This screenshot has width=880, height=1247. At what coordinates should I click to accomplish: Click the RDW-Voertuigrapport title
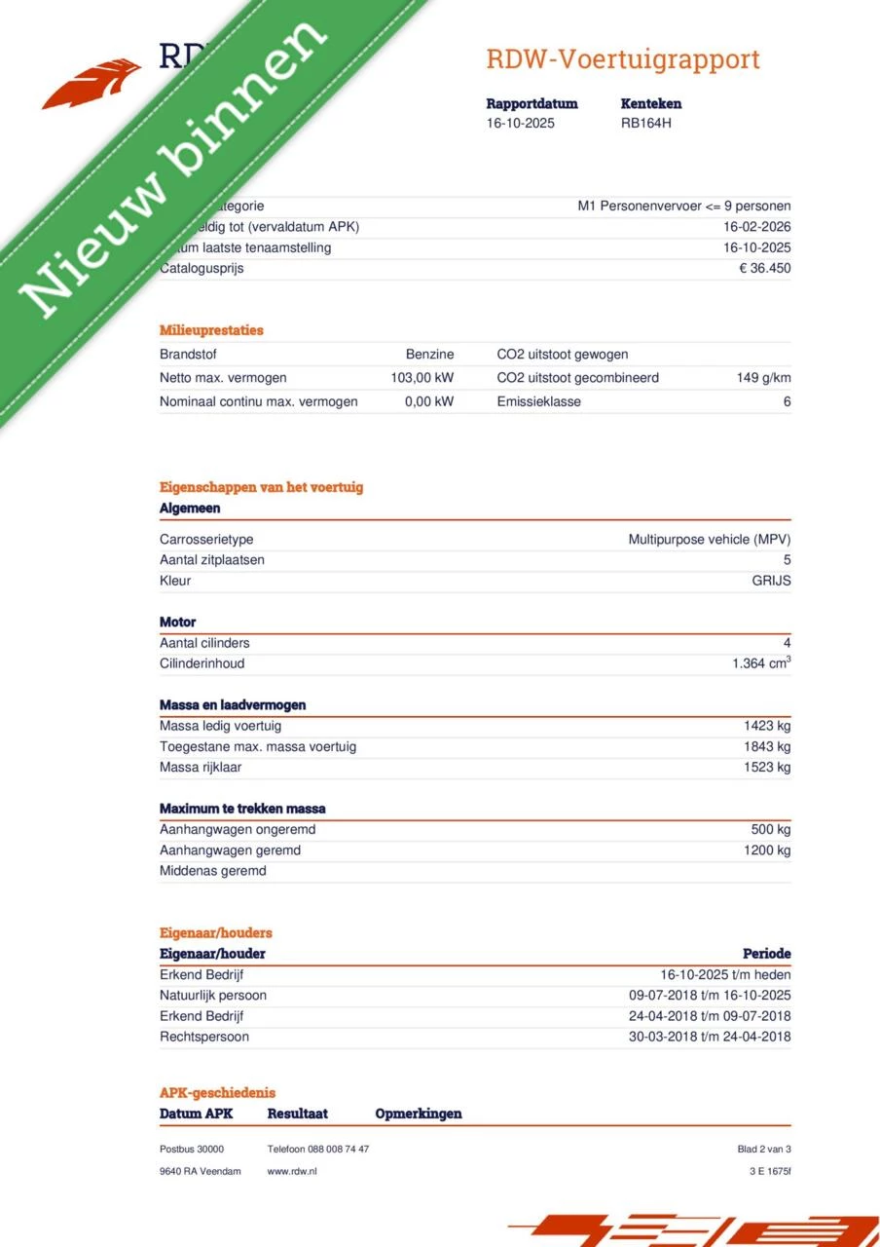coord(623,59)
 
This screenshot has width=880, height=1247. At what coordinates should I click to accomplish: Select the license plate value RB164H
coord(646,123)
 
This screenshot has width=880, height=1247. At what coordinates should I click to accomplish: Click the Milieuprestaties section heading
coord(211,330)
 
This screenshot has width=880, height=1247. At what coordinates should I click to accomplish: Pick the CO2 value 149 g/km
coord(763,378)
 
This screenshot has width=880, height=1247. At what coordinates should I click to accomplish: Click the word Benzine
coord(429,355)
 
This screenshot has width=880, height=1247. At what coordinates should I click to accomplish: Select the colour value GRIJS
coord(771,581)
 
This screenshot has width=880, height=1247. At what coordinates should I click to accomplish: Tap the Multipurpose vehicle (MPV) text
coord(709,539)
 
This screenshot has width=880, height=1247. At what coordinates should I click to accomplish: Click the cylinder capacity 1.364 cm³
coord(761,663)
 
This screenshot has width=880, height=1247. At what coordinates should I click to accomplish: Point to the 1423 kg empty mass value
coord(767,726)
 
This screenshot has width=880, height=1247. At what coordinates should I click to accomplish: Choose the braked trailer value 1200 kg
coord(767,850)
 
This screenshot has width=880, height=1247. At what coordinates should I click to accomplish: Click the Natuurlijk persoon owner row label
coord(213,996)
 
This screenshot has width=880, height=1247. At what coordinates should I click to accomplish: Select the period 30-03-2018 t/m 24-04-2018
coord(710,1037)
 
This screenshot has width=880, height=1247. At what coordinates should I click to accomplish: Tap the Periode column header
coord(766,954)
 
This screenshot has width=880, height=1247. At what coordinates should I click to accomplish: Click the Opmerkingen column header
coord(419,1114)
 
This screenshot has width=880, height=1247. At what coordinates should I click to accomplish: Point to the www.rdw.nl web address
coord(292,1171)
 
